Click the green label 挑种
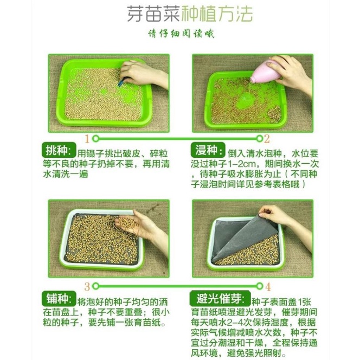point(59,150)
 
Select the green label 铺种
point(59,298)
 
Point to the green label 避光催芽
point(220,298)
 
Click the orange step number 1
point(87,139)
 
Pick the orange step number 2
point(267,139)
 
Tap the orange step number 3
point(87,286)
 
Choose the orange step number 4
point(268,286)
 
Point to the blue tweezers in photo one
point(121,82)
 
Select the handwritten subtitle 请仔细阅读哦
point(181,34)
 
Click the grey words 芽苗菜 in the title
point(153,14)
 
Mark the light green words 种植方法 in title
point(217,14)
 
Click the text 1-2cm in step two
point(241,164)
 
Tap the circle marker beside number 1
point(95,139)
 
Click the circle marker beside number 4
point(260,286)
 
